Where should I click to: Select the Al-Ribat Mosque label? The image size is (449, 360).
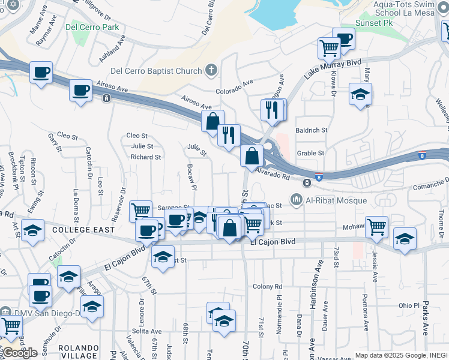(323, 199)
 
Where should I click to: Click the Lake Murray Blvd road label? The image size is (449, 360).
(332, 68)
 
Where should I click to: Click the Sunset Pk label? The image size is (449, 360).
(376, 23)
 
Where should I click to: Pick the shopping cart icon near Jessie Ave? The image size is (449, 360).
(376, 227)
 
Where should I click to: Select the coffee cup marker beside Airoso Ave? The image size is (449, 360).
(80, 91)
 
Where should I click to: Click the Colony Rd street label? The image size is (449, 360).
(267, 286)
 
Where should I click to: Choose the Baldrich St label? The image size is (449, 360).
(311, 130)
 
